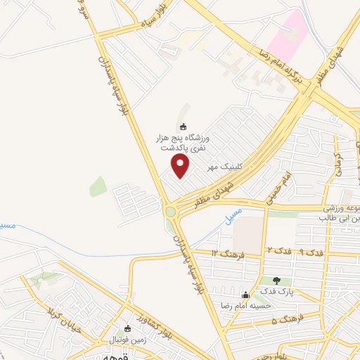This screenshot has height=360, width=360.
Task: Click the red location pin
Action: pos(181,166)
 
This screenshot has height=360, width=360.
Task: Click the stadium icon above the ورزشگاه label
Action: pos(184,127)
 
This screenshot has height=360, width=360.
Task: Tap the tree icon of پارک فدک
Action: pos(276,281)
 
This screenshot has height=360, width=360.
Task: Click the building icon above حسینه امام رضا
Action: pos(245,295)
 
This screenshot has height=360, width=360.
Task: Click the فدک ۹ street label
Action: pos(314,251)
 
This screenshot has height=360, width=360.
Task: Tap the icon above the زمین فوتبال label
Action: pos(127,329)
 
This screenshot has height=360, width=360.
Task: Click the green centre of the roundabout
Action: pos(170,211)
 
